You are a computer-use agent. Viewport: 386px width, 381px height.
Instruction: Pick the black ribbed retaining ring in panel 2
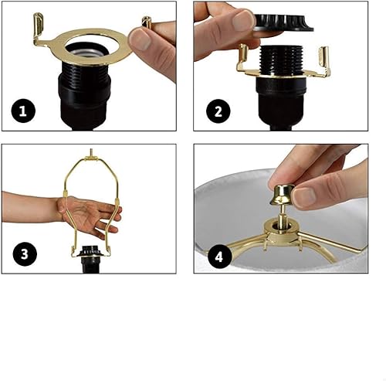275,20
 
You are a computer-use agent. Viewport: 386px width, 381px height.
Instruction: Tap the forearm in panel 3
31,207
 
